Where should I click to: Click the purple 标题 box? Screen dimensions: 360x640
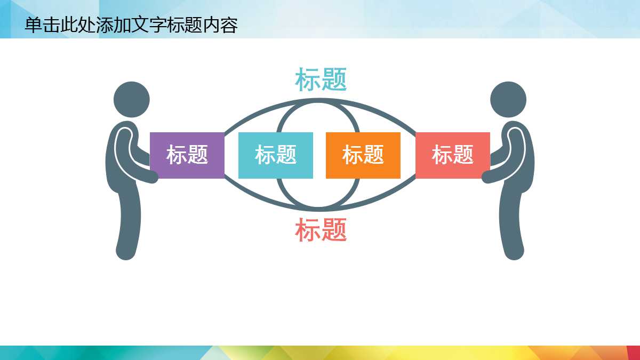click(187, 155)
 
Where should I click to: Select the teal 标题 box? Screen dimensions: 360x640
click(275, 155)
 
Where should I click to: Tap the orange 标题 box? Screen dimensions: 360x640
click(363, 155)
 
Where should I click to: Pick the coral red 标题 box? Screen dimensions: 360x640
click(452, 155)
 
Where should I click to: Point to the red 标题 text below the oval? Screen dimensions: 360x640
click(321, 230)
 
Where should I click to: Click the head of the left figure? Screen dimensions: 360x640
click(132, 99)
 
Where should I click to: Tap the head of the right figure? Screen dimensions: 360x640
click(508, 99)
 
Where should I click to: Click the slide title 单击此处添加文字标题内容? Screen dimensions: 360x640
click(131, 25)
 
